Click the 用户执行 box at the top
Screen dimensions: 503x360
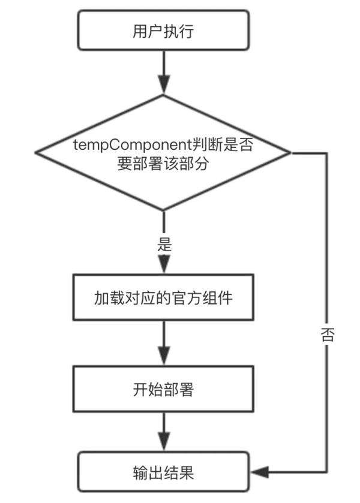163,31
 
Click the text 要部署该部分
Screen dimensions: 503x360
163,164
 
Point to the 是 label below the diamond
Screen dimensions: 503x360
164,244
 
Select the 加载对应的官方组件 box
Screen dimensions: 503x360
163,297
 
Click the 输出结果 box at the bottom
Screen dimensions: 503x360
163,472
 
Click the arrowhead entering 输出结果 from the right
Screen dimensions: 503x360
259,472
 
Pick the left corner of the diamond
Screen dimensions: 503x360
37,153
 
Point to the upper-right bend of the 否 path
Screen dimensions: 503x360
327,153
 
